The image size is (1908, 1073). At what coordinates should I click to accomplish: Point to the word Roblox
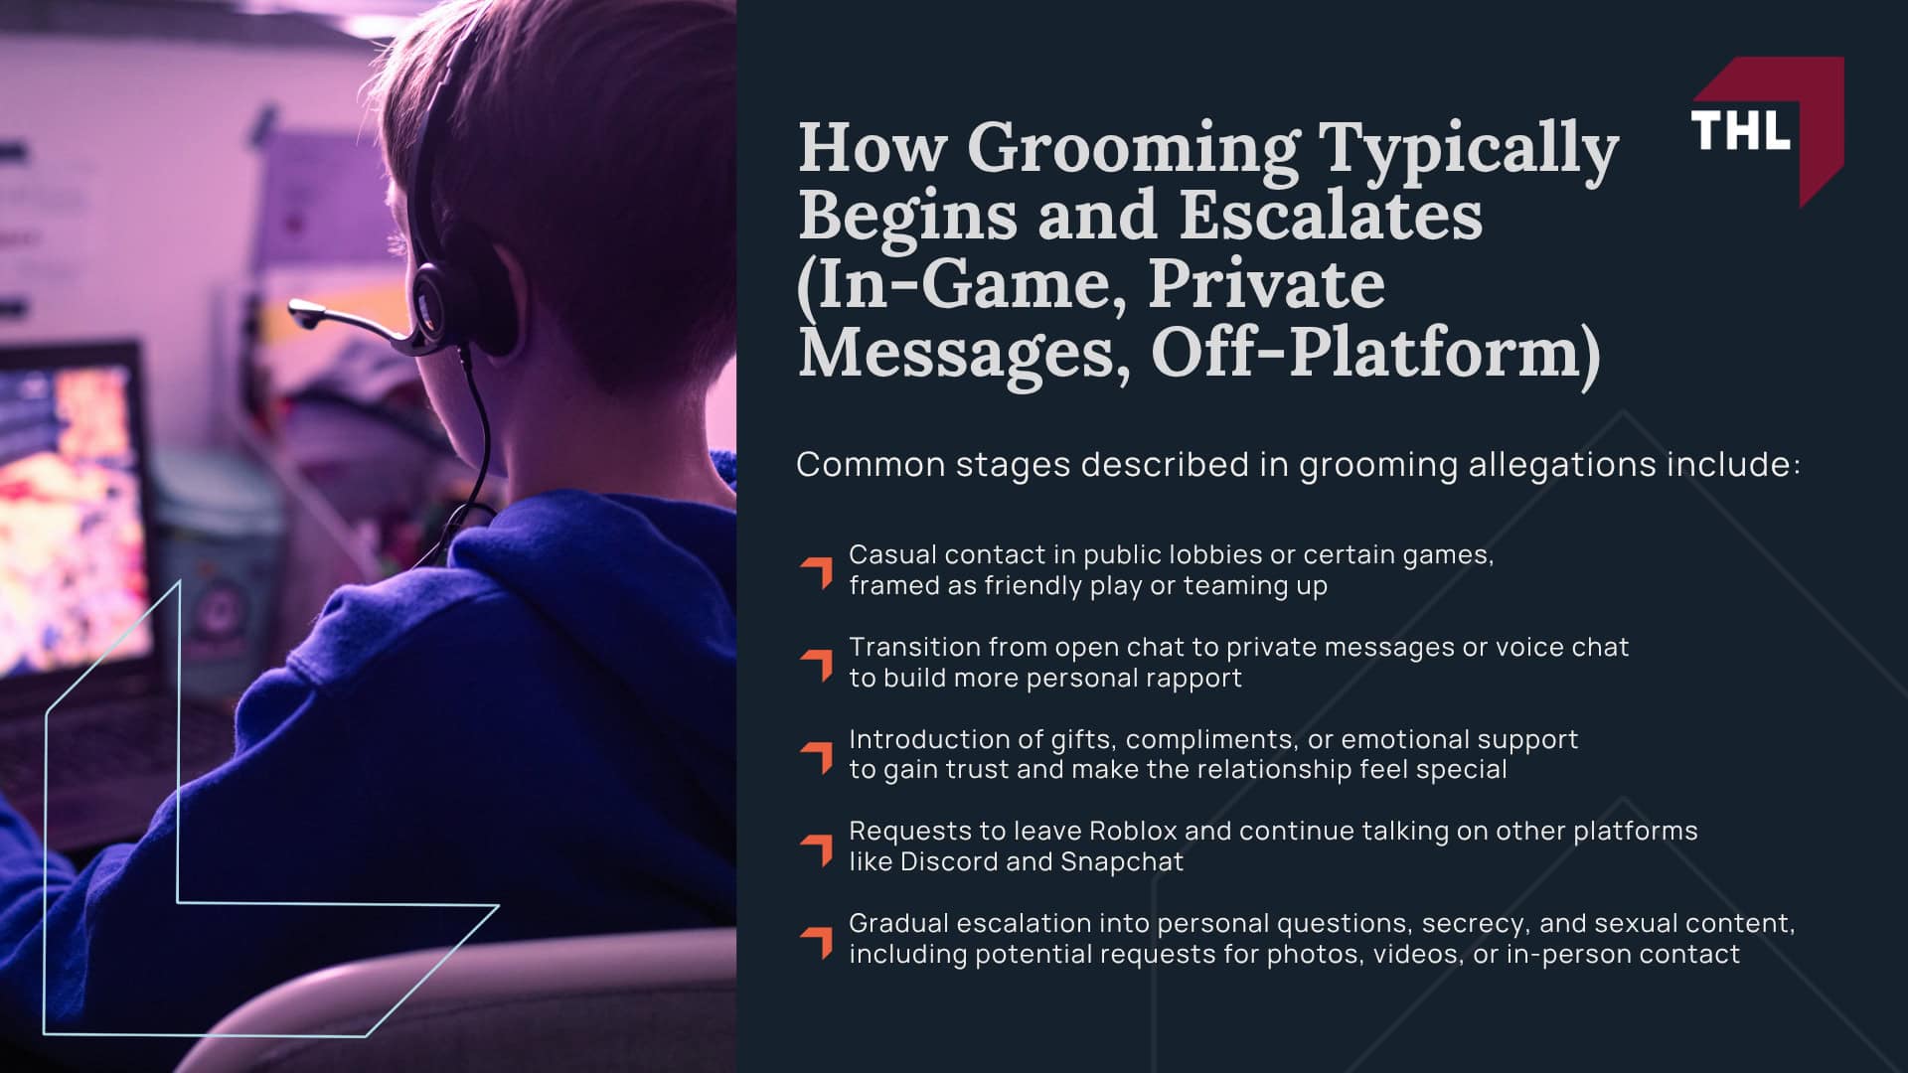click(1132, 831)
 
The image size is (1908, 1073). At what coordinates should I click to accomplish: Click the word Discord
click(948, 861)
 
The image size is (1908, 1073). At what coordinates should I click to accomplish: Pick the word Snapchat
click(1122, 861)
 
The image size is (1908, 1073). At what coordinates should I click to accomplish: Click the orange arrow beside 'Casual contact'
click(817, 572)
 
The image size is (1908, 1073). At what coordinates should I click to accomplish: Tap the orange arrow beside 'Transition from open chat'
click(817, 665)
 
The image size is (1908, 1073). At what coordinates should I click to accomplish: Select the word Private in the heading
click(1266, 284)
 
